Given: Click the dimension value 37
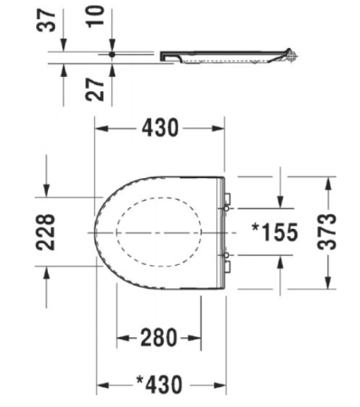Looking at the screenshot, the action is (46, 20).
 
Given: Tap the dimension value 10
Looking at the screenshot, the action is (95, 16).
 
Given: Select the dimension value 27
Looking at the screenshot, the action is (95, 90).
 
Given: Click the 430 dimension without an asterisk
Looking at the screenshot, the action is (160, 128).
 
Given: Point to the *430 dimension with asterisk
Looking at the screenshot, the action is (159, 384).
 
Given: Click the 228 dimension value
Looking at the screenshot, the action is (46, 232).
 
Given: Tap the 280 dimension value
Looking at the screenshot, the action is (159, 337).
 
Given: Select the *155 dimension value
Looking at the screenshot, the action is (275, 232).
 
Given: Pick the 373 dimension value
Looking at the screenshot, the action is (327, 232).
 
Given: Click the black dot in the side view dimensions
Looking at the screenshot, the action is (112, 54).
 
